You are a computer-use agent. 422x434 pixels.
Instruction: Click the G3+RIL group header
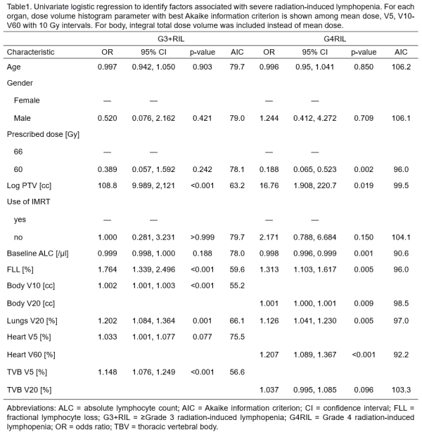pyautogui.click(x=171, y=39)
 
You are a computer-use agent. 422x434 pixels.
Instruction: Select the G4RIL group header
pyautogui.click(x=335, y=39)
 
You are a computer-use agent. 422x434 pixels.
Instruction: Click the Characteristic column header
pyautogui.click(x=30, y=52)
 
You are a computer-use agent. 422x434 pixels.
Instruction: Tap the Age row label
pyautogui.click(x=13, y=67)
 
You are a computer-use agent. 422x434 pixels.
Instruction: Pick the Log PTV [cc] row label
pyautogui.click(x=29, y=185)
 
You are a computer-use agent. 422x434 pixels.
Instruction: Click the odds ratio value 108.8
pyautogui.click(x=108, y=185)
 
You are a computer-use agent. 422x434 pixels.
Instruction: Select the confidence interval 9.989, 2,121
pyautogui.click(x=153, y=185)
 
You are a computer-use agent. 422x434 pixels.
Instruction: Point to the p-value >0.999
pyautogui.click(x=203, y=237)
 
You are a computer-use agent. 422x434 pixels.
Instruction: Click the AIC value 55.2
pyautogui.click(x=237, y=285)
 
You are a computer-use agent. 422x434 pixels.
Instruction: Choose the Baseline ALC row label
pyautogui.click(x=38, y=254)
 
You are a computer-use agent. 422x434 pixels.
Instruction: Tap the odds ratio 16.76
pyautogui.click(x=269, y=185)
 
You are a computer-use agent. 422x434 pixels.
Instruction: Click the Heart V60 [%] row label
pyautogui.click(x=31, y=355)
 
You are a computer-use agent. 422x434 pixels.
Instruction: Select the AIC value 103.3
pyautogui.click(x=401, y=390)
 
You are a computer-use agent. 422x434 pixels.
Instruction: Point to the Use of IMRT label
pyautogui.click(x=29, y=202)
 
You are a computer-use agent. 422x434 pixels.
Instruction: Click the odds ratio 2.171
pyautogui.click(x=269, y=237)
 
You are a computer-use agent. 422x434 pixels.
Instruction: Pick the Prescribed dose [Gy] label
pyautogui.click(x=43, y=134)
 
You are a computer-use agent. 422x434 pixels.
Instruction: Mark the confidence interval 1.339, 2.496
pyautogui.click(x=153, y=269)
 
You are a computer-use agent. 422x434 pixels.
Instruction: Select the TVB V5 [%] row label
pyautogui.click(x=27, y=372)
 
